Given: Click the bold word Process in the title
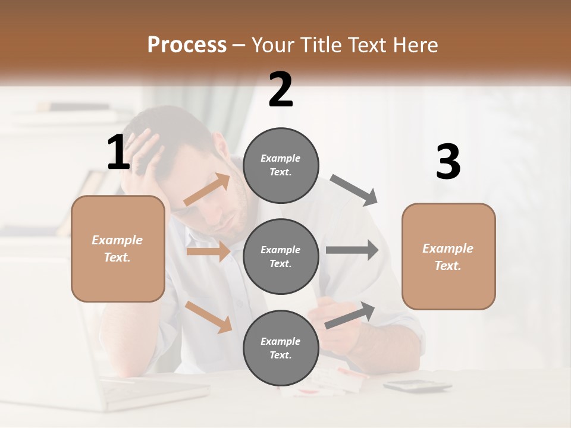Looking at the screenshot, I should coord(187,45).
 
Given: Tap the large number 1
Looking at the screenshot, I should coord(118,152).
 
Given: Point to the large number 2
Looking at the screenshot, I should coord(281,90).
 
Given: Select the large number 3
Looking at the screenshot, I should coord(448,162).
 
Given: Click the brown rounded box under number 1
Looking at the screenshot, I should coord(118,248).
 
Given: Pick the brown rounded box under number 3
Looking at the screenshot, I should coord(448,256).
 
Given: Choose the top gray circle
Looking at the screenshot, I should coord(281,165).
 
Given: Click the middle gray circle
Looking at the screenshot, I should coord(281,256).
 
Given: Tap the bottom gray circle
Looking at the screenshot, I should coord(281,348).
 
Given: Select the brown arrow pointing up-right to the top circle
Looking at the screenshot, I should coord(207,190).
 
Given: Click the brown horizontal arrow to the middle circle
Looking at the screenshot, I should coord(208,251).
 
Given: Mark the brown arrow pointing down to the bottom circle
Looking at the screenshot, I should coord(209,316).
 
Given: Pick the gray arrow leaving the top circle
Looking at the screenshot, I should coord(353,190).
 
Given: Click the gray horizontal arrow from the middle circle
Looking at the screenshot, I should coord(352,250).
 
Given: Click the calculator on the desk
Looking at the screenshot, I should coord(417,386).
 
